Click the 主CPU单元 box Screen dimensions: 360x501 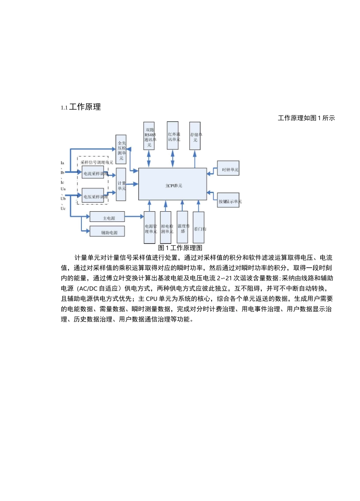tap(172, 184)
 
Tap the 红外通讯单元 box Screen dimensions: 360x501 tap(173, 136)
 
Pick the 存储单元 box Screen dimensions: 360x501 tap(195, 136)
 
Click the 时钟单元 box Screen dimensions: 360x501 tap(228, 168)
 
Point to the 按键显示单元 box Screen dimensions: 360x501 tap(229, 200)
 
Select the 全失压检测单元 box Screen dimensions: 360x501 tap(121, 149)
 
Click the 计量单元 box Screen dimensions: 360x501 tap(121, 184)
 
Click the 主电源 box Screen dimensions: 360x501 tap(107, 217)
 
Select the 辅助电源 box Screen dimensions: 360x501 tap(107, 231)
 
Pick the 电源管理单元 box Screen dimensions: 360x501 tap(150, 228)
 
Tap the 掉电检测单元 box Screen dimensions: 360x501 tap(166, 228)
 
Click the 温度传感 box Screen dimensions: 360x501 tap(182, 228)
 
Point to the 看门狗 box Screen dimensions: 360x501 tap(199, 228)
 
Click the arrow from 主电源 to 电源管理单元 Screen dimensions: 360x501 tap(134, 217)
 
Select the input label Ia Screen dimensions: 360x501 tap(63, 163)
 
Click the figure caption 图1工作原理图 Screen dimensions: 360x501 tap(180, 248)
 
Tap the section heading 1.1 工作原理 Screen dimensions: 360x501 tap(81, 107)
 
